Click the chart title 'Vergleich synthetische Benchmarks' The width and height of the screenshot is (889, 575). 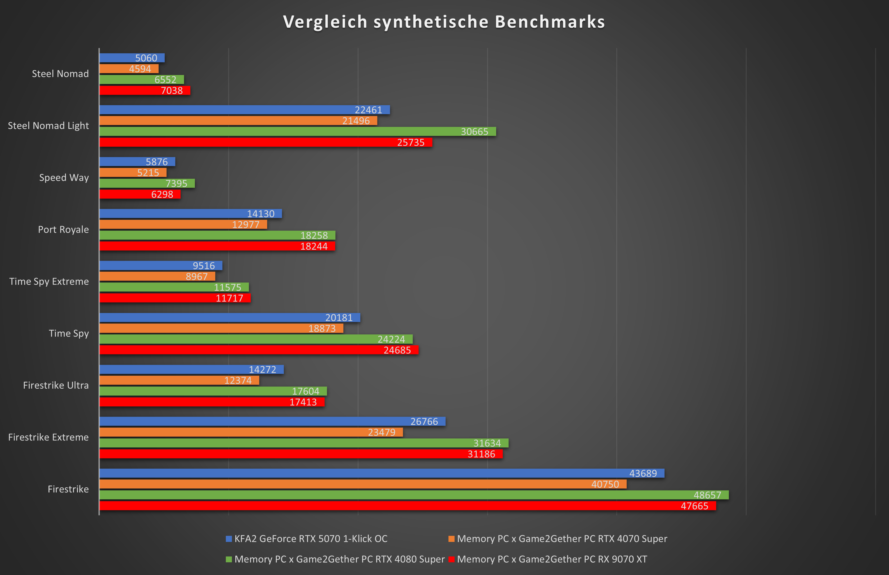point(444,22)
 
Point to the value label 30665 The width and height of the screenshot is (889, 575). point(475,132)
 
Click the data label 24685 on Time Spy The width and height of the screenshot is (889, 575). point(397,350)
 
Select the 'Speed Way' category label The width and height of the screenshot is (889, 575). point(64,178)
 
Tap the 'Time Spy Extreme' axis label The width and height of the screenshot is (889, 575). point(49,281)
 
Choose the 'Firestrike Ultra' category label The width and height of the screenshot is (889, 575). point(56,385)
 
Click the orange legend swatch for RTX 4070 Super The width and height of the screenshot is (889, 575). point(451,539)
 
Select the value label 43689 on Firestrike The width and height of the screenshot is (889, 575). point(643,473)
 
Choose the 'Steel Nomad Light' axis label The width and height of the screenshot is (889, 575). point(48,126)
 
